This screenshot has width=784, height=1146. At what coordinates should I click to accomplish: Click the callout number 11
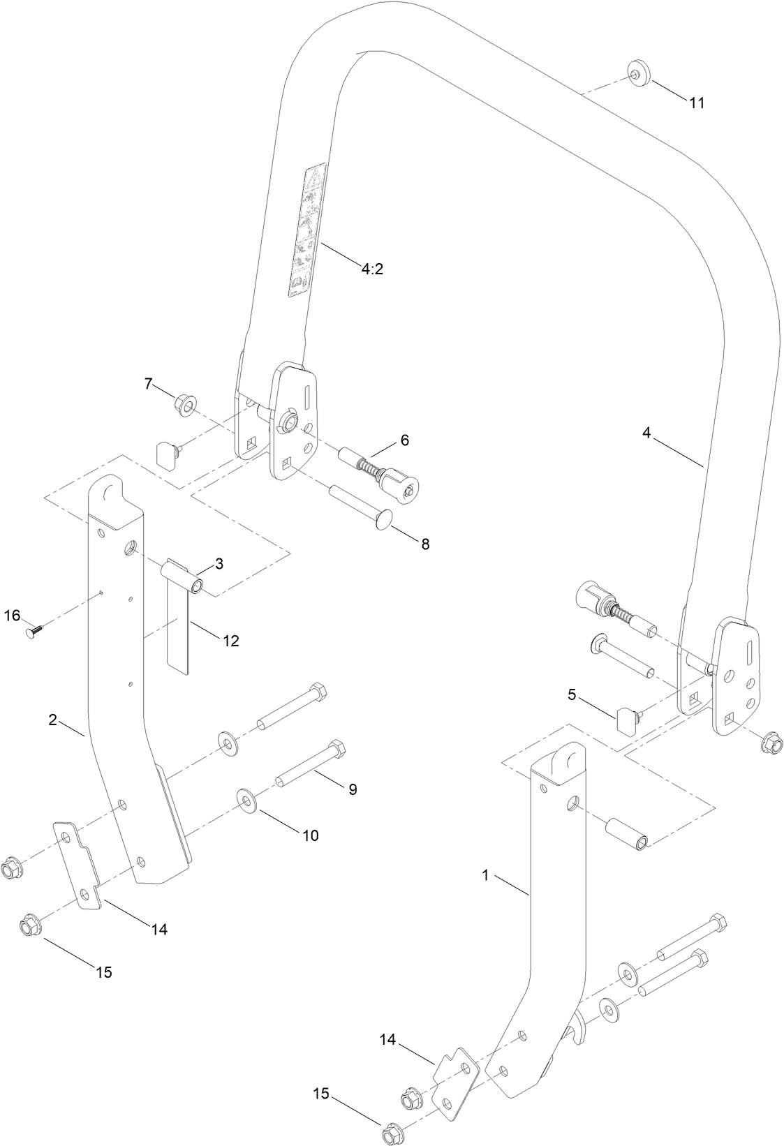pos(696,103)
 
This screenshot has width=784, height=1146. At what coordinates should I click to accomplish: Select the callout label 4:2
pos(372,269)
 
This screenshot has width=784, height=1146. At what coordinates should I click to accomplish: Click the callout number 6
pos(404,440)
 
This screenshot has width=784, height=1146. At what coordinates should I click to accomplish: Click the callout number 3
pos(219,564)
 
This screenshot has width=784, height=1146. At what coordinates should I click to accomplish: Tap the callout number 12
pos(230,641)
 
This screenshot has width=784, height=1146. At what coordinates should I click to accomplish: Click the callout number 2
pos(53,720)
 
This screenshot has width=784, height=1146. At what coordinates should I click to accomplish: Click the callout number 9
pos(353,789)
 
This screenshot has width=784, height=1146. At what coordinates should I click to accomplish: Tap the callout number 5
pos(572,695)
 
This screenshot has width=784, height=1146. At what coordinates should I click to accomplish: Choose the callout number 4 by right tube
pos(646,433)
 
